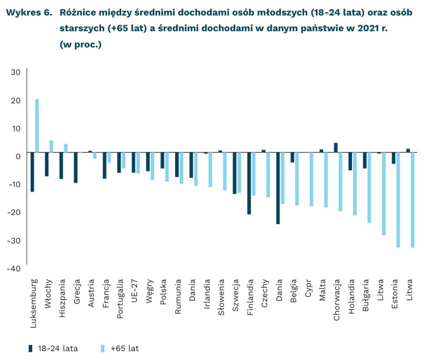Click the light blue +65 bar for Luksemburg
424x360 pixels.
[37, 126]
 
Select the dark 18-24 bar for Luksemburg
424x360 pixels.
[32, 172]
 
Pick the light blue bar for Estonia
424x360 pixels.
[398, 200]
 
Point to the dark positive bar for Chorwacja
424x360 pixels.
[336, 147]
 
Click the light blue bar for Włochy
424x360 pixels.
[51, 146]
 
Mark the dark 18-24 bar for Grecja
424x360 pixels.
[76, 168]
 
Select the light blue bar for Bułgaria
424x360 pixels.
[369, 187]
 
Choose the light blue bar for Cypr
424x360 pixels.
[312, 179]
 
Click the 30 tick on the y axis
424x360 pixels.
[16, 72]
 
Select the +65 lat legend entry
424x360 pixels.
[121, 348]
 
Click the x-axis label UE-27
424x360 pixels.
[134, 290]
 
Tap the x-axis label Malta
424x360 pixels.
[322, 288]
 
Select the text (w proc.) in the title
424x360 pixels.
[81, 45]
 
